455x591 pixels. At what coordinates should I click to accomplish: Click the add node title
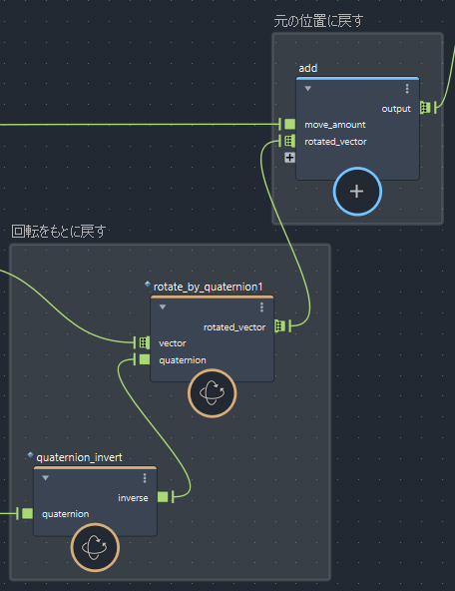click(x=307, y=68)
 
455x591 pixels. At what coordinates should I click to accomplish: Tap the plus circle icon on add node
click(x=357, y=192)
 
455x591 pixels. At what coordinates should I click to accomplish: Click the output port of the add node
click(x=425, y=108)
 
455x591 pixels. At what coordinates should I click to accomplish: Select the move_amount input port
click(x=289, y=124)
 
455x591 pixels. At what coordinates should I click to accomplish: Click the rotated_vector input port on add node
click(x=289, y=141)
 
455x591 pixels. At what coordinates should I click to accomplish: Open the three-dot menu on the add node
click(x=407, y=89)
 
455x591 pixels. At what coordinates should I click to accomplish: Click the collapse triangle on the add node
click(x=307, y=89)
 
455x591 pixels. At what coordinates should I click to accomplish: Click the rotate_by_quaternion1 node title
click(x=208, y=287)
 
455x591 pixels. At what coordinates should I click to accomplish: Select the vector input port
click(x=145, y=342)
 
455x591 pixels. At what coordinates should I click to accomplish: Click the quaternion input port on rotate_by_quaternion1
click(x=145, y=359)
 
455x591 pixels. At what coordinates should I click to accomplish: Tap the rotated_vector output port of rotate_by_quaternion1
click(x=279, y=326)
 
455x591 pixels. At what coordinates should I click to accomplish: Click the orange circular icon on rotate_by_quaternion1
click(x=213, y=393)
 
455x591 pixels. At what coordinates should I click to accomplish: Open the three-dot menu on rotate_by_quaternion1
click(x=261, y=307)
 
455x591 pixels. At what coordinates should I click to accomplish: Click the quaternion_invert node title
click(x=79, y=457)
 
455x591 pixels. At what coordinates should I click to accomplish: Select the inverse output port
click(x=163, y=497)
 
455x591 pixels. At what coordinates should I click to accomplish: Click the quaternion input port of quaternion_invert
click(x=27, y=513)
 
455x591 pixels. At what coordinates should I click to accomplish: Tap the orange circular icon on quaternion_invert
click(x=95, y=547)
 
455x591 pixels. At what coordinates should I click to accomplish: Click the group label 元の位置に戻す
click(x=318, y=21)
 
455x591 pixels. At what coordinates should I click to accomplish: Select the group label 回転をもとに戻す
click(x=59, y=231)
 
